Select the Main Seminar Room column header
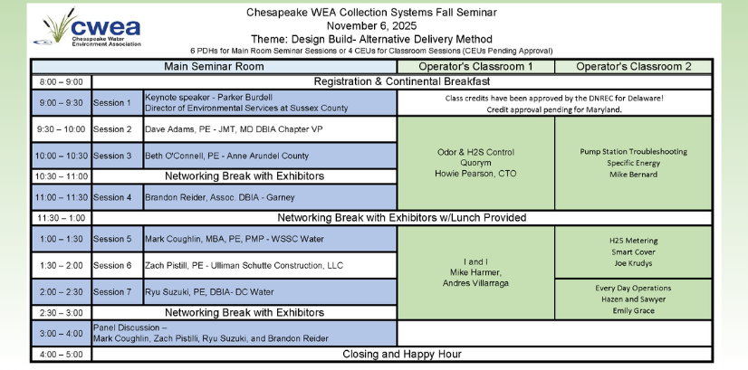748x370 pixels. click(214, 67)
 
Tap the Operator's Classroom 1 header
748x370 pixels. click(475, 67)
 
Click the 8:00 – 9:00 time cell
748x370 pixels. click(62, 81)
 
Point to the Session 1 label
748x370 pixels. click(117, 102)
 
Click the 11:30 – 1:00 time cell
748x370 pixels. click(62, 218)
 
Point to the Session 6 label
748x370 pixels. click(117, 265)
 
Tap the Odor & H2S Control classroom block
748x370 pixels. click(475, 162)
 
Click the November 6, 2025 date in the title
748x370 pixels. click(369, 25)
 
